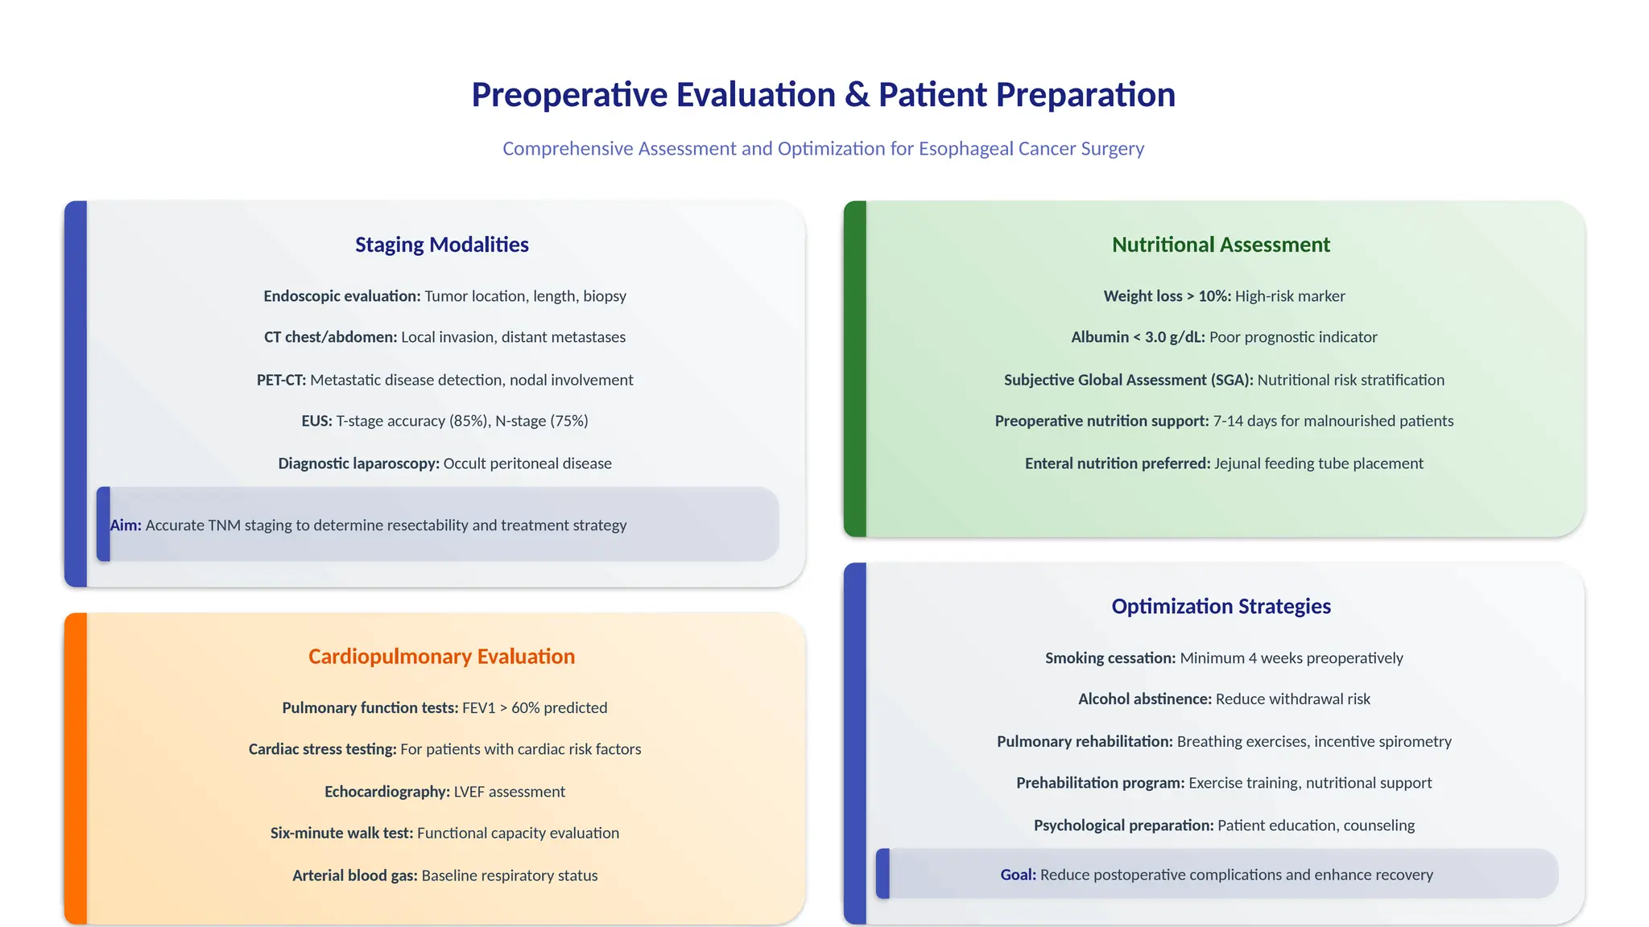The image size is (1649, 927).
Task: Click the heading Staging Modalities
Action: click(441, 245)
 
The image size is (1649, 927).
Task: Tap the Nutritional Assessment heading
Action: click(1221, 245)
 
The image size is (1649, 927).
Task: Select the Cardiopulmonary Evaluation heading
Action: click(441, 657)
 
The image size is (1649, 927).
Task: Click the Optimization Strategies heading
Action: click(1221, 606)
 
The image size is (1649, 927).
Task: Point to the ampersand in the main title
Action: click(858, 95)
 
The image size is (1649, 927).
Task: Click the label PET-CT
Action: click(281, 380)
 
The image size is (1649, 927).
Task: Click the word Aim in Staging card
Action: click(126, 525)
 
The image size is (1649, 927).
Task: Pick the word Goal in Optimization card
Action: click(1018, 875)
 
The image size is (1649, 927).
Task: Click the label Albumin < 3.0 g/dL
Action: click(1138, 337)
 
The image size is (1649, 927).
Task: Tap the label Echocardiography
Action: click(386, 792)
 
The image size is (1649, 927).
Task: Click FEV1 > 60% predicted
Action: click(535, 708)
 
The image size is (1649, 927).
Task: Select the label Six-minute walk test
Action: click(341, 833)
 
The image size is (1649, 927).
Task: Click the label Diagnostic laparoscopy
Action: click(358, 463)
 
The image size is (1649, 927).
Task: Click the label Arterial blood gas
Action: click(354, 875)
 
